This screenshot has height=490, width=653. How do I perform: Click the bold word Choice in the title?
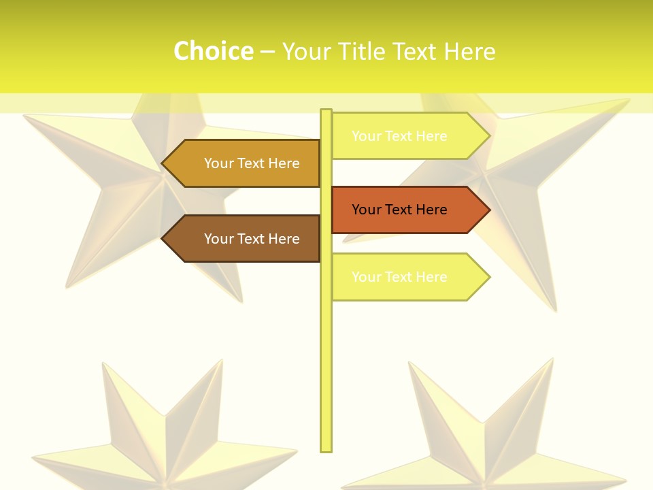[213, 51]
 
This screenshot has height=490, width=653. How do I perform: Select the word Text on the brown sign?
[252, 239]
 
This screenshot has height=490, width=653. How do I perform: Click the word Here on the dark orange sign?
[431, 210]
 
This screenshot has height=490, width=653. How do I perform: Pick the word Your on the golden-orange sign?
[219, 163]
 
